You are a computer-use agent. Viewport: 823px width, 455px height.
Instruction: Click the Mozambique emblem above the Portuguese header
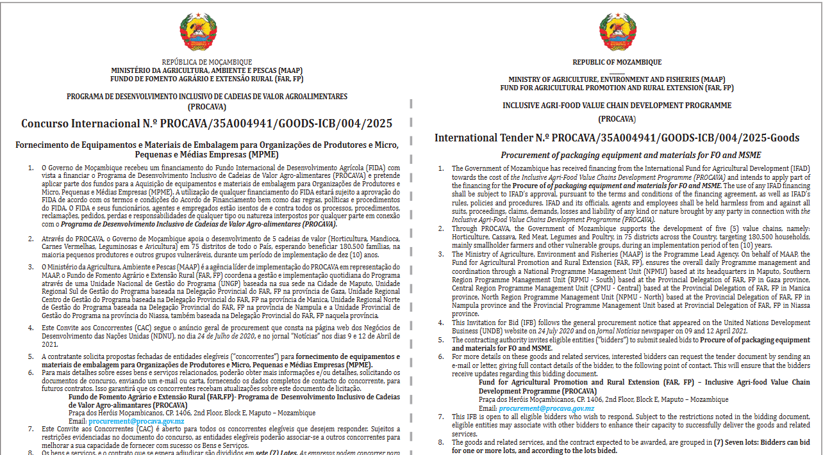[206, 31]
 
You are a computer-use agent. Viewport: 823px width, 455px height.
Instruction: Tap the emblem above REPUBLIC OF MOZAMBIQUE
[617, 33]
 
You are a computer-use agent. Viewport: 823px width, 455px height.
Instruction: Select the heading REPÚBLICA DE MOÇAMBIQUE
[206, 62]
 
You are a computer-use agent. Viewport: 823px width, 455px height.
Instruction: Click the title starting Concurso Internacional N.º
[206, 124]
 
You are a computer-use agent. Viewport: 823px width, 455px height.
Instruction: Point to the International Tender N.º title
[617, 138]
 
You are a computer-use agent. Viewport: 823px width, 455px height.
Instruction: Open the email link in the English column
[547, 408]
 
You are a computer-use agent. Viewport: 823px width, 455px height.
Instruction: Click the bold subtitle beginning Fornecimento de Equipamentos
[206, 150]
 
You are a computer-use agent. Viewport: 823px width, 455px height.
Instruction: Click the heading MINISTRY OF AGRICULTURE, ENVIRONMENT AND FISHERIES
[617, 79]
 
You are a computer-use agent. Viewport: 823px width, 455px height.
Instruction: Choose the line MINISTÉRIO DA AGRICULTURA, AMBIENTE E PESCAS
[206, 70]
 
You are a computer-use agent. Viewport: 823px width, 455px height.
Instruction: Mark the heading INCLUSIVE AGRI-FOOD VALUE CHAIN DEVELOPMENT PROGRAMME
[617, 106]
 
